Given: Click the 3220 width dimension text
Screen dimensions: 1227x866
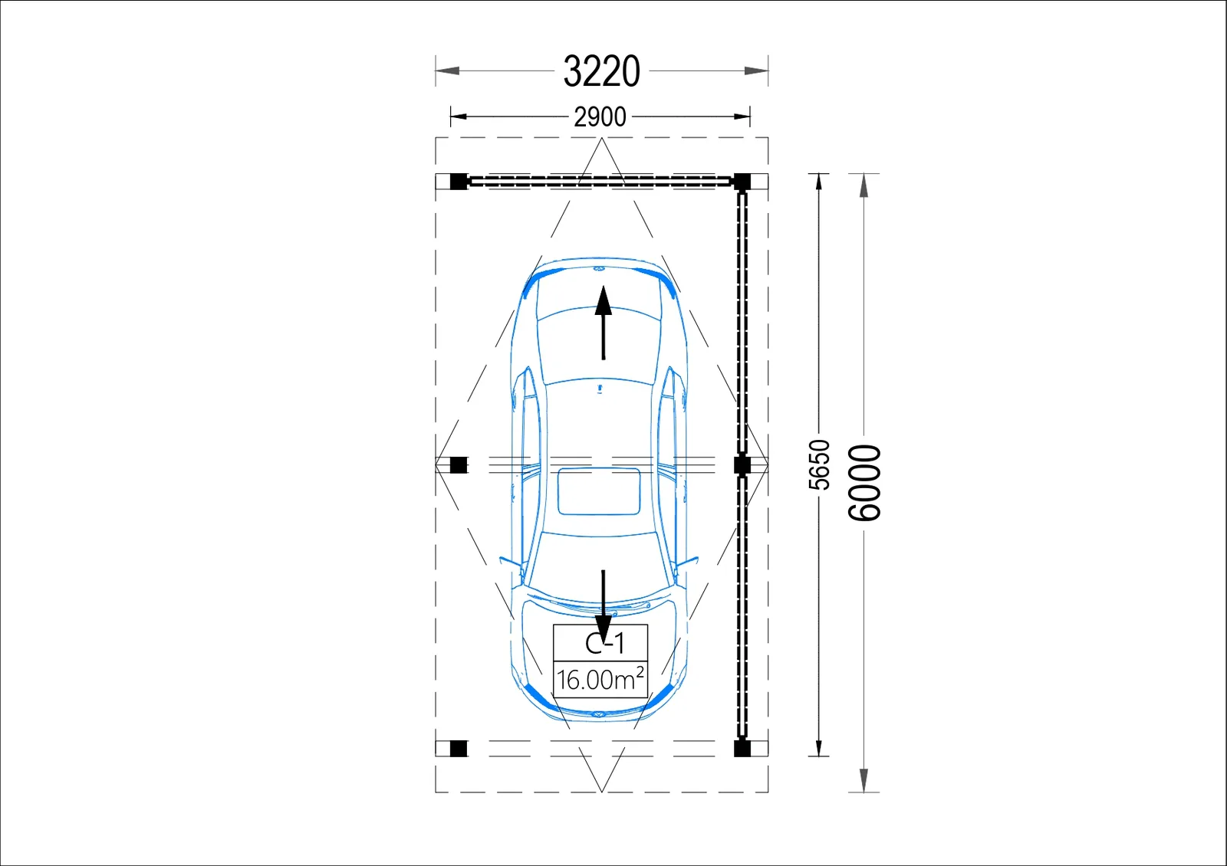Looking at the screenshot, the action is coord(601,71).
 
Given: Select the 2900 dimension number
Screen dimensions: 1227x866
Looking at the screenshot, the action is coord(600,117).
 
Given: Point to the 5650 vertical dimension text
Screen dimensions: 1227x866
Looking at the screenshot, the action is coord(820,464).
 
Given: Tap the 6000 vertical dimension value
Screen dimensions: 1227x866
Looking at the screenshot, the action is coord(864,483).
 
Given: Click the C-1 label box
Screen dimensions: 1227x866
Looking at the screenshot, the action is coord(600,643).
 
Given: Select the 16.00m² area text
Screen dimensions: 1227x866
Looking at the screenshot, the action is coord(600,679).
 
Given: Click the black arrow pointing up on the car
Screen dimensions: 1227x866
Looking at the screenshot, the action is coord(604,323).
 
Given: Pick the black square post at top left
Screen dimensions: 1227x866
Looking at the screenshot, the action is coord(459,181).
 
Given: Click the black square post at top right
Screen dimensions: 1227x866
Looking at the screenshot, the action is coord(742,181).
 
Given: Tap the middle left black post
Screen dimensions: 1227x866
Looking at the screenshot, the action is coord(459,464).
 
